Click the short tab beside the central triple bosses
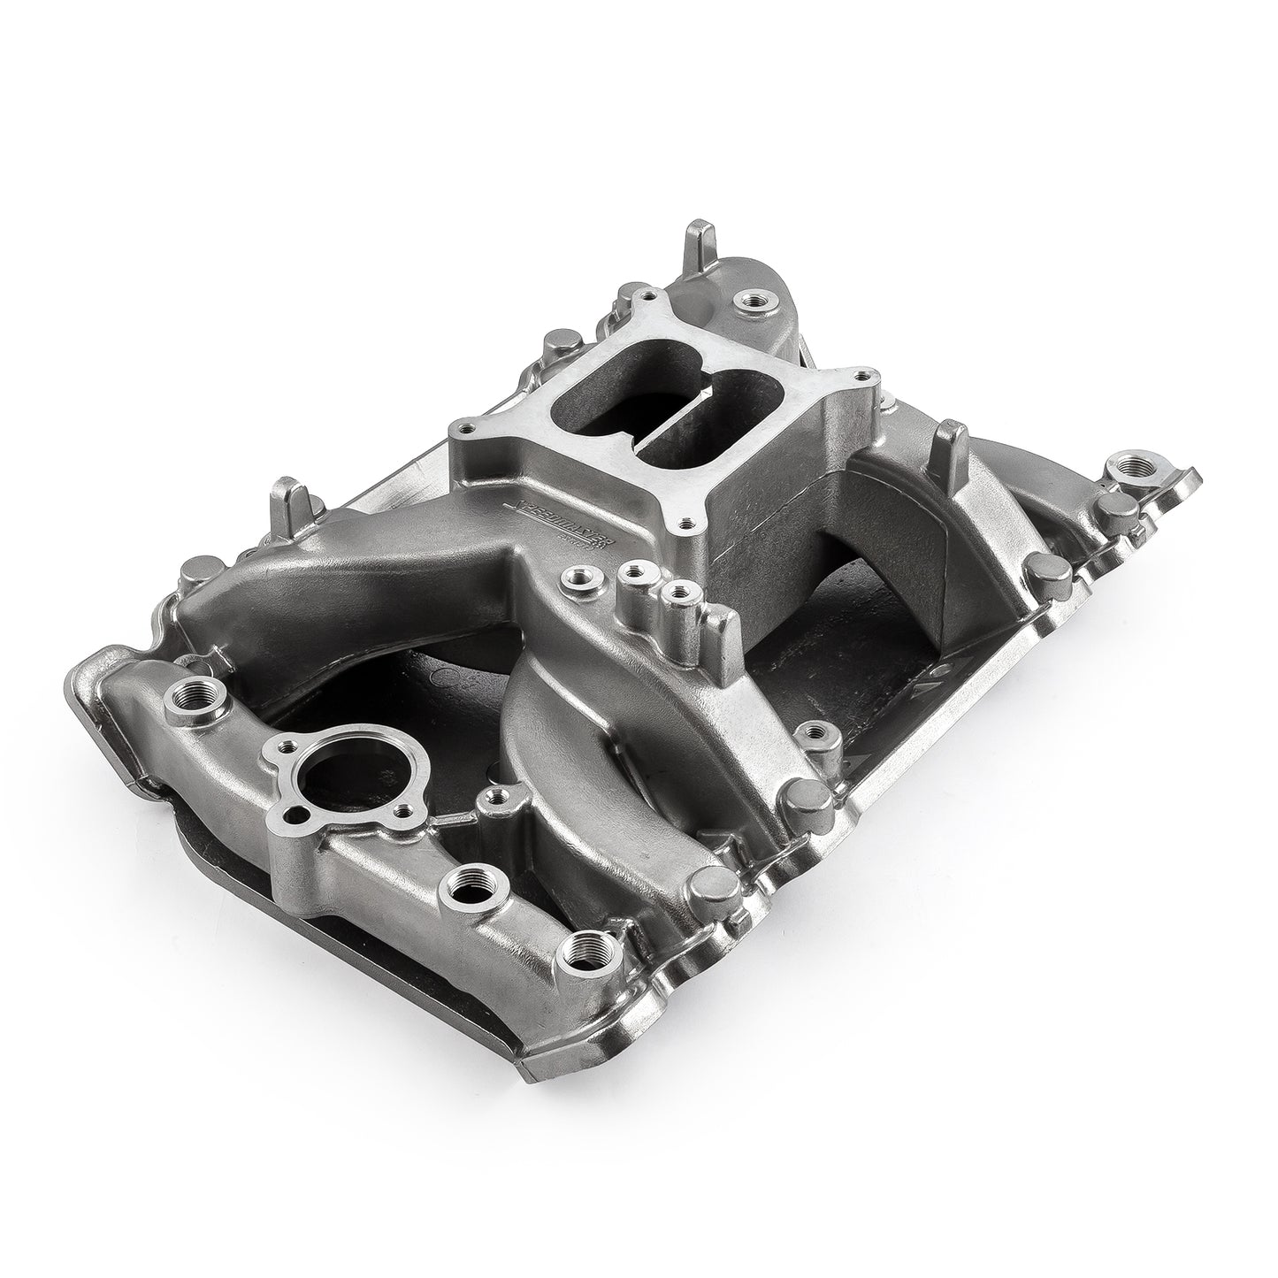point(724,626)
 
